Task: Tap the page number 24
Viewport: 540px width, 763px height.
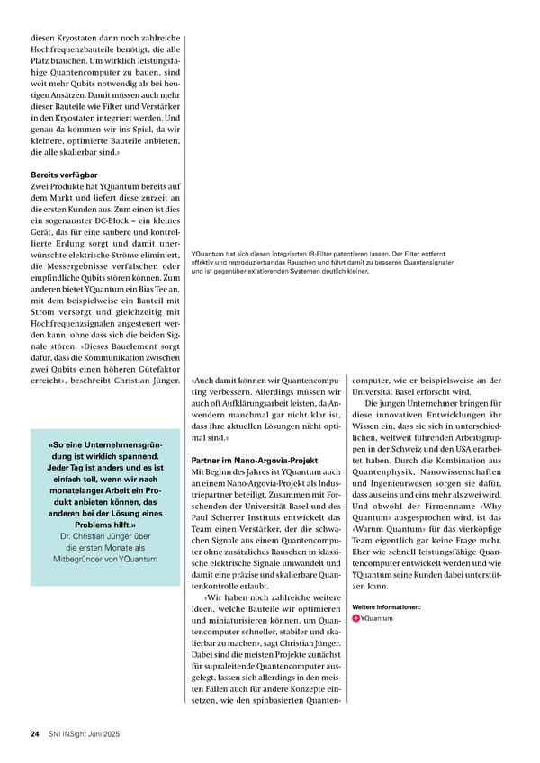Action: click(x=34, y=734)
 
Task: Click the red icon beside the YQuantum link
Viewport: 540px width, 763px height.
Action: click(x=356, y=618)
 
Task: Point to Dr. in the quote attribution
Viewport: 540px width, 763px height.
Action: click(x=55, y=537)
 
